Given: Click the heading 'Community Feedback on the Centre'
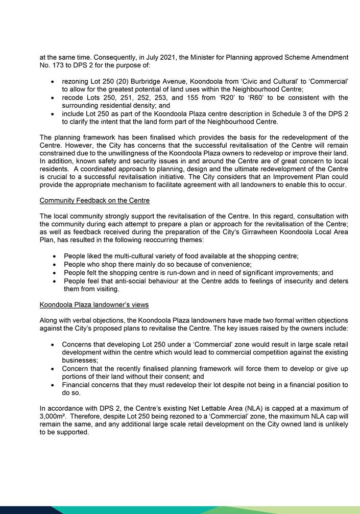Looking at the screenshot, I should click(x=94, y=200).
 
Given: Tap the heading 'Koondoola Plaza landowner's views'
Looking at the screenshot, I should click(x=94, y=305).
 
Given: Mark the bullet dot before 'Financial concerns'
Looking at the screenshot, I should click(x=54, y=384).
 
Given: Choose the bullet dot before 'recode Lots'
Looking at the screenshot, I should click(x=54, y=98).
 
